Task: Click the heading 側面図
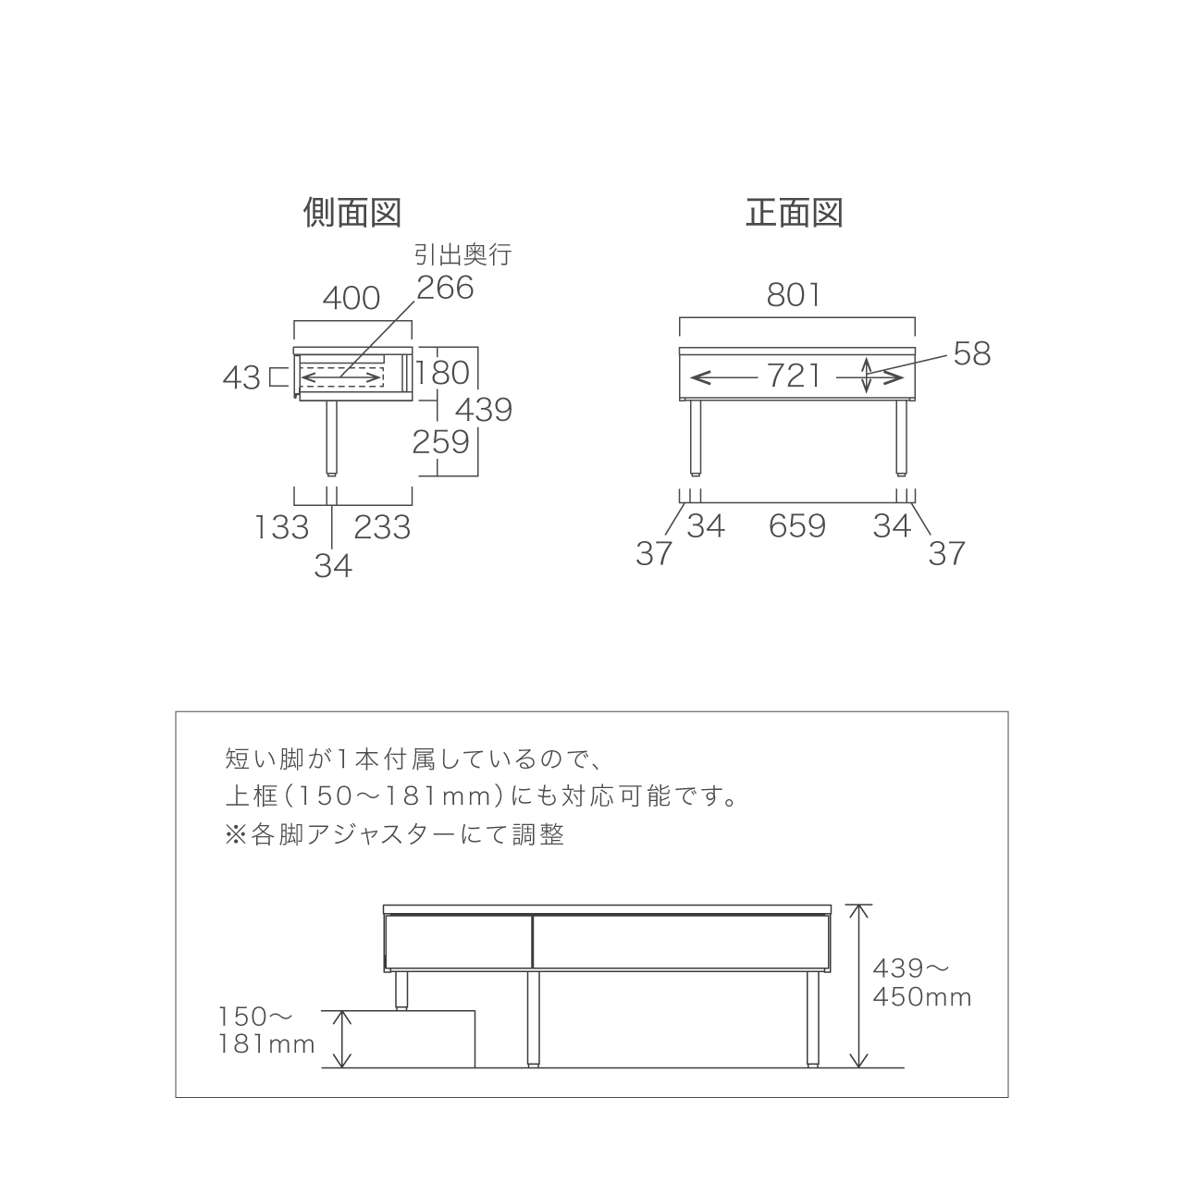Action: pos(352,213)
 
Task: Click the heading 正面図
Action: pos(795,213)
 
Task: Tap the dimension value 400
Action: pos(351,299)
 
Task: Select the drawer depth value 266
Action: pos(446,288)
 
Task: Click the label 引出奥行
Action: pos(463,254)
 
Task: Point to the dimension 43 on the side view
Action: pos(241,378)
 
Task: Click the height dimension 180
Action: pos(443,373)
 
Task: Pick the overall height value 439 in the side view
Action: pos(484,410)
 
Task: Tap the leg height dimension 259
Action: pos(440,442)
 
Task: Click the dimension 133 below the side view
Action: pos(282,527)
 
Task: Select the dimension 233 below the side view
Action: pos(382,527)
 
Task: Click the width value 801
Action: pos(794,296)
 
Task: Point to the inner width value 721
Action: pos(794,376)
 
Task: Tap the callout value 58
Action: pos(972,354)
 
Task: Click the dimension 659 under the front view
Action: pos(797,526)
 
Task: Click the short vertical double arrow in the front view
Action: pos(867,376)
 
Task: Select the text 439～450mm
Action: pos(922,982)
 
